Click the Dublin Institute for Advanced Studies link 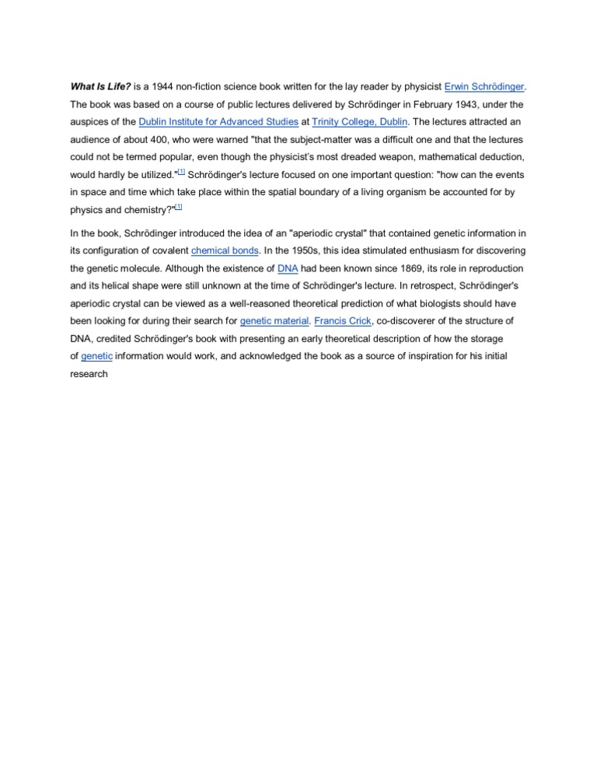point(218,122)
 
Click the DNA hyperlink point(288,268)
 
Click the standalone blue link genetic point(96,356)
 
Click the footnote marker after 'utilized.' point(180,172)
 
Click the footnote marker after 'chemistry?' point(178,207)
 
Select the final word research point(89,374)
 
